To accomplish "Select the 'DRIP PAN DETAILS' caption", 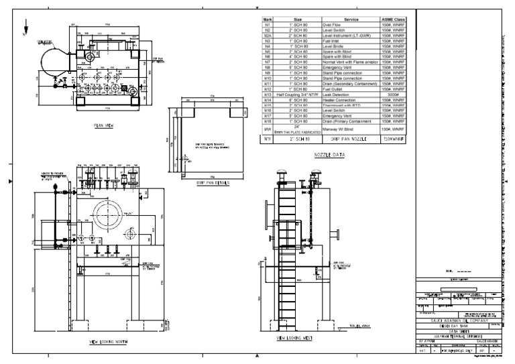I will [x=212, y=182].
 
